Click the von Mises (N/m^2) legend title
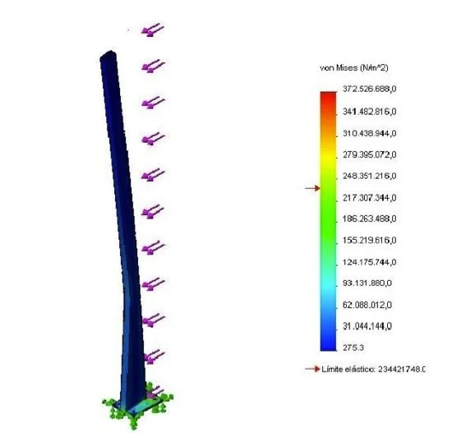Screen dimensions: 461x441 pyautogui.click(x=354, y=68)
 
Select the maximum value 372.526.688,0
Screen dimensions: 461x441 pyautogui.click(x=370, y=89)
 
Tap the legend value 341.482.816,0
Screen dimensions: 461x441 pyautogui.click(x=370, y=112)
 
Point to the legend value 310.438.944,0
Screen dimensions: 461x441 pyautogui.click(x=370, y=133)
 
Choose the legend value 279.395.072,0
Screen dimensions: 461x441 pyautogui.click(x=370, y=154)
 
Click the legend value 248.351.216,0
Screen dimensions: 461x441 pyautogui.click(x=370, y=176)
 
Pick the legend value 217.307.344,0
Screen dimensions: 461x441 pyautogui.click(x=370, y=198)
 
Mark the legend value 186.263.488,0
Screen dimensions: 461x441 pyautogui.click(x=370, y=219)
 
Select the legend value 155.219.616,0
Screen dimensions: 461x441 pyautogui.click(x=370, y=241)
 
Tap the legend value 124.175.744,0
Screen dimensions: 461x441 pyautogui.click(x=370, y=262)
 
